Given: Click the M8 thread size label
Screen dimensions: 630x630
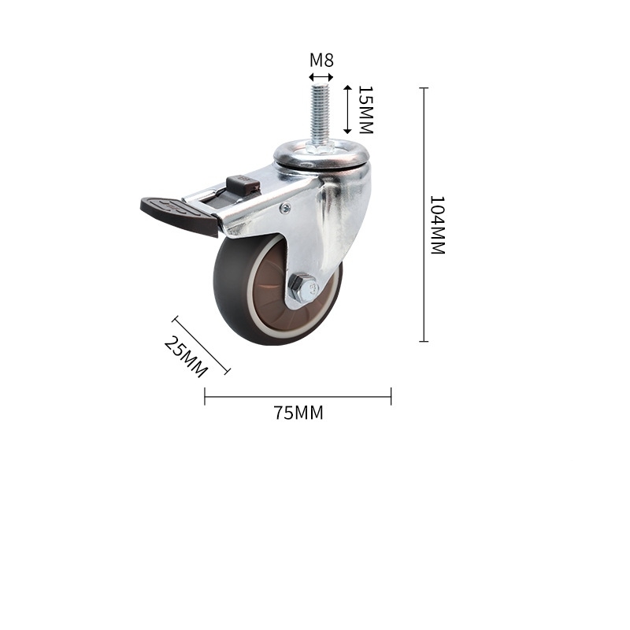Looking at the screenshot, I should coord(321,61).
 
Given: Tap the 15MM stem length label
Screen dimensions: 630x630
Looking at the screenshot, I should coord(365,109).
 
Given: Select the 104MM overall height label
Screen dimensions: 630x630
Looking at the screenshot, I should coord(438,224).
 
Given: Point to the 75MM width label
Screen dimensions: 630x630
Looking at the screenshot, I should coord(298,413).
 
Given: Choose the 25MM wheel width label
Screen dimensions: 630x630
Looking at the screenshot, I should coord(186,356).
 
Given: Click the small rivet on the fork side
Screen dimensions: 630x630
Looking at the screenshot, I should coord(285,208).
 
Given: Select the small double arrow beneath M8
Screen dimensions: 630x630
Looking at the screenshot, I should coord(321,77).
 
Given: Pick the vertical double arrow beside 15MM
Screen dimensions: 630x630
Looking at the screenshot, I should coord(346,110).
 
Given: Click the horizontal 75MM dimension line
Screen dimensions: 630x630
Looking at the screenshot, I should coord(298,396).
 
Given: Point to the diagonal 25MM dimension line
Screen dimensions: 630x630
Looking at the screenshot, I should coord(202,345).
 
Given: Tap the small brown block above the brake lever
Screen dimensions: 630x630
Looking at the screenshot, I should coord(243,185).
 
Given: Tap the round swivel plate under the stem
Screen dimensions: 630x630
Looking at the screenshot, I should coord(321,157).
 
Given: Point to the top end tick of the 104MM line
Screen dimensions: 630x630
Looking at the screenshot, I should coord(424,87).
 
